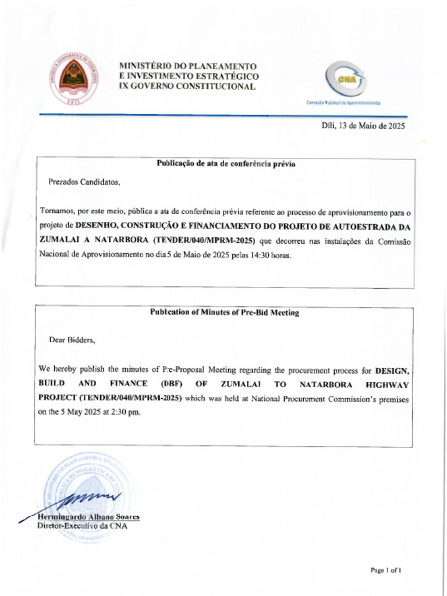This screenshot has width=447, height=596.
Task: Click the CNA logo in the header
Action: pyautogui.click(x=346, y=79)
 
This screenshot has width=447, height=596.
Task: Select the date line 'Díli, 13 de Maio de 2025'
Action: pyautogui.click(x=363, y=126)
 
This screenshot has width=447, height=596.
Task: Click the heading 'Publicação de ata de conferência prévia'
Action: pyautogui.click(x=226, y=164)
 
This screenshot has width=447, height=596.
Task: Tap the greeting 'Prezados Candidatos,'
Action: pyautogui.click(x=84, y=182)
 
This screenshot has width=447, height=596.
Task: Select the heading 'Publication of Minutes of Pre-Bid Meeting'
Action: pyautogui.click(x=225, y=313)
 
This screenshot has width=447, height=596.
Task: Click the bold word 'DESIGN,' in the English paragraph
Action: pyautogui.click(x=392, y=370)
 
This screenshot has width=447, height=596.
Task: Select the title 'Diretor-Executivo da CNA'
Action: pyautogui.click(x=82, y=526)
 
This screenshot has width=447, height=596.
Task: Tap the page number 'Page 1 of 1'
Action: pyautogui.click(x=385, y=570)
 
